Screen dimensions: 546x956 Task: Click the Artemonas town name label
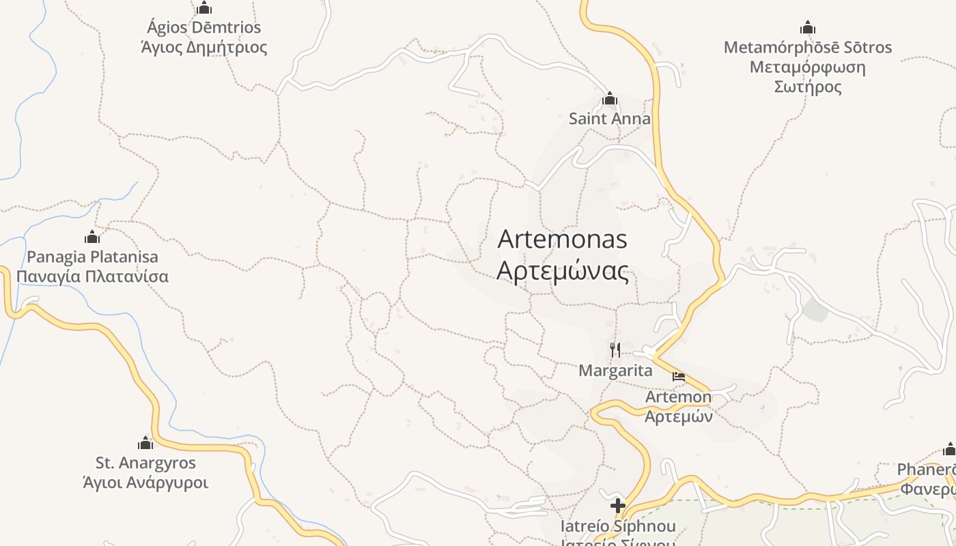[x=562, y=240]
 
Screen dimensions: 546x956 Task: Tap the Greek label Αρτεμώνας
[x=562, y=271]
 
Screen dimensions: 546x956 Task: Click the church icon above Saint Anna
[x=610, y=100]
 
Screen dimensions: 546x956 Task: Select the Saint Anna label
[x=610, y=119]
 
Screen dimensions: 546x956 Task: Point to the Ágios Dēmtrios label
[x=203, y=28]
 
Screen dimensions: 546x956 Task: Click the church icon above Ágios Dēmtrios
[x=203, y=8]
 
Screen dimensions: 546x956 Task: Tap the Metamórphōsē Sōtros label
[x=808, y=48]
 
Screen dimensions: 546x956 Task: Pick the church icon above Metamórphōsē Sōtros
[x=808, y=28]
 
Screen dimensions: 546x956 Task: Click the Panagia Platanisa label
[x=92, y=257]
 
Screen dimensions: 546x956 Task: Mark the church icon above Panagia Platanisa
[x=92, y=238]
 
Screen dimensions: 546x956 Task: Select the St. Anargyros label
[x=145, y=463]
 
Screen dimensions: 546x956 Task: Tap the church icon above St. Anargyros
[x=145, y=444]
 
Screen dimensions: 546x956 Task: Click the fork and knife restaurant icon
[x=615, y=350]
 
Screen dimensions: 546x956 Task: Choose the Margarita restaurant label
[x=615, y=371]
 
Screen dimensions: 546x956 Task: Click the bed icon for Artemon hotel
[x=678, y=377]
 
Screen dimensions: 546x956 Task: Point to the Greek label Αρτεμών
[x=679, y=416]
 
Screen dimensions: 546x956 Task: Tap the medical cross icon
[x=618, y=506]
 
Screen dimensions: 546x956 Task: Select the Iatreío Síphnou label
[x=618, y=526]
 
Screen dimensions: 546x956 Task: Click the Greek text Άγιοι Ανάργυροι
[x=145, y=483]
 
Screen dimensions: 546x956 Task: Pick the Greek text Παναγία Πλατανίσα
[x=92, y=276]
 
